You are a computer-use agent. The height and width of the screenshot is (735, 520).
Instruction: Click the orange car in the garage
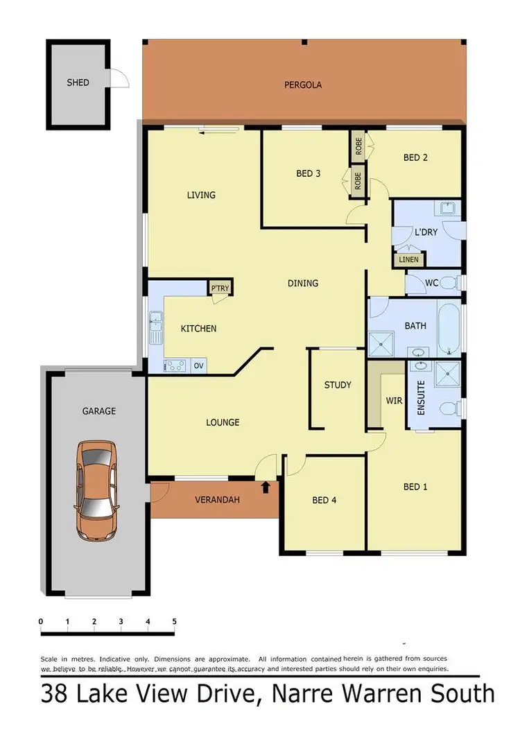coord(96,490)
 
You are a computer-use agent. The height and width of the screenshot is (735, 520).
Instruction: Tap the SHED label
coord(78,83)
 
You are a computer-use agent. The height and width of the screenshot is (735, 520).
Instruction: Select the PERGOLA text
coord(303,85)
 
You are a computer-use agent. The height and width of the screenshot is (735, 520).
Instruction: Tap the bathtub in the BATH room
coord(449,326)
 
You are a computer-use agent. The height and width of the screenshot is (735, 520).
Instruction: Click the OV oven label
coord(199,365)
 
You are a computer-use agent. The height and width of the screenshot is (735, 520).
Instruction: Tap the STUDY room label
coord(338,385)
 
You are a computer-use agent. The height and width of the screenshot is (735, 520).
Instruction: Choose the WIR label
coord(394,400)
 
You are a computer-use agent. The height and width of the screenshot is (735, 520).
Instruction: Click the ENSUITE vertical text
coord(420,398)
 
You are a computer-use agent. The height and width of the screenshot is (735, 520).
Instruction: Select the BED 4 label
coord(324,500)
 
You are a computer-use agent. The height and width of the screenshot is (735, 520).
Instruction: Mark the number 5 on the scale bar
coord(174,621)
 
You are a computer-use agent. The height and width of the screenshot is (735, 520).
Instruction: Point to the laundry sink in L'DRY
coord(447,209)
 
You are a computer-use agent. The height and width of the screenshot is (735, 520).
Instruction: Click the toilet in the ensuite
coord(449,407)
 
